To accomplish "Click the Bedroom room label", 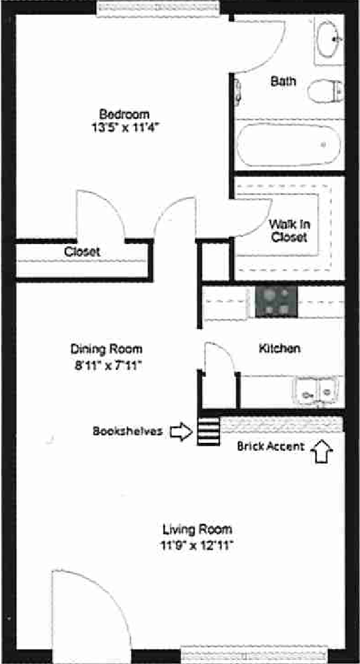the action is (x=124, y=115).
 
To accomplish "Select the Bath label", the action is (x=283, y=81).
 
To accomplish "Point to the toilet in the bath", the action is (x=325, y=91).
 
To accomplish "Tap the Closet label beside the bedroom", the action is (x=82, y=252).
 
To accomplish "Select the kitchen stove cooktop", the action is (x=276, y=301).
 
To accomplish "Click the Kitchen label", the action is (x=279, y=349).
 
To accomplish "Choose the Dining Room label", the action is (x=106, y=349).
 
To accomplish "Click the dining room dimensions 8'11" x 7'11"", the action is (x=108, y=365).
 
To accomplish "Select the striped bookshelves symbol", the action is (x=209, y=431).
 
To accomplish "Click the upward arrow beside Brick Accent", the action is (x=322, y=451).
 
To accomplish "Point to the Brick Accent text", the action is (x=270, y=446).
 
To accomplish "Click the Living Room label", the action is (x=197, y=529).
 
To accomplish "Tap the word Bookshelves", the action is (x=128, y=431).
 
